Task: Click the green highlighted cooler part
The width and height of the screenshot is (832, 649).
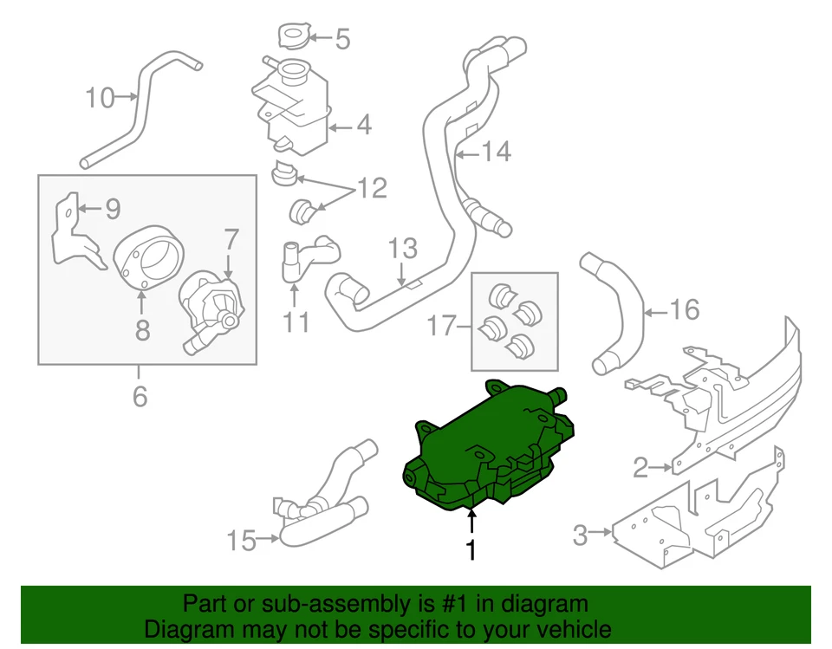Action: pyautogui.click(x=485, y=451)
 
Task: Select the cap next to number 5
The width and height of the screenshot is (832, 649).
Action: pyautogui.click(x=292, y=36)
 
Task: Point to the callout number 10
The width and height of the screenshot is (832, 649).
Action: pyautogui.click(x=100, y=98)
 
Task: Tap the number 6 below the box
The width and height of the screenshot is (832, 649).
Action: pyautogui.click(x=140, y=396)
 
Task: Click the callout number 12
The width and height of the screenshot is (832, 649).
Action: pyautogui.click(x=373, y=188)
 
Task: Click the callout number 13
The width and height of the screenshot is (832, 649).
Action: pyautogui.click(x=403, y=250)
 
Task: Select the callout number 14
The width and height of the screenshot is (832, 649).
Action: pyautogui.click(x=496, y=153)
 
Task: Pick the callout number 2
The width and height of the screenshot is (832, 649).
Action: pyautogui.click(x=640, y=469)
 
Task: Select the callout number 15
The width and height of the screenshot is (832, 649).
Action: pyautogui.click(x=243, y=541)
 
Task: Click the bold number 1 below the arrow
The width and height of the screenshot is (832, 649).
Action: pyautogui.click(x=471, y=549)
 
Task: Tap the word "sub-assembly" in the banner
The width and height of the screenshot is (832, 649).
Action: pyautogui.click(x=296, y=604)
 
